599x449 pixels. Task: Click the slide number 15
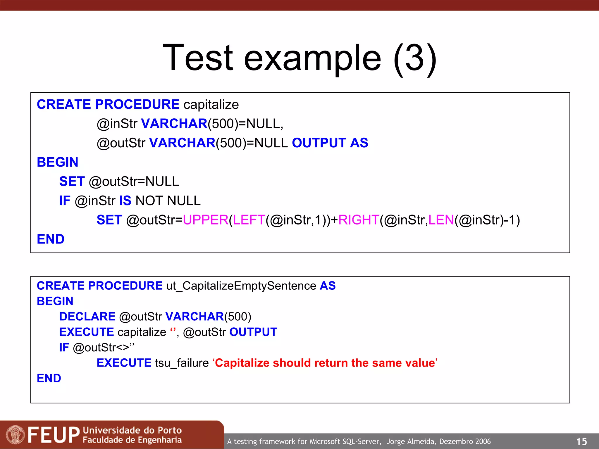click(581, 441)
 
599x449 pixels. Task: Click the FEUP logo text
click(54, 435)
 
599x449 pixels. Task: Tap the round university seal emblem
click(15, 435)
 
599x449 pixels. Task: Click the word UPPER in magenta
click(205, 220)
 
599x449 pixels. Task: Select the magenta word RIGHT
click(359, 220)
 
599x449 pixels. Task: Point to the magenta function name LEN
click(441, 220)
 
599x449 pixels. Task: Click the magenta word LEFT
click(249, 220)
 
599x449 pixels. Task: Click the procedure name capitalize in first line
click(211, 105)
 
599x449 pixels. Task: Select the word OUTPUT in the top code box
click(319, 143)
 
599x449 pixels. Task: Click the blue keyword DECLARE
click(87, 317)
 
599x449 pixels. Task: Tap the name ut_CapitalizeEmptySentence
click(241, 286)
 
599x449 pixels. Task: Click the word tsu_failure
click(182, 363)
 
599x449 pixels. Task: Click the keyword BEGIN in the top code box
click(58, 162)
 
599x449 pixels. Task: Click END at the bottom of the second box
click(49, 378)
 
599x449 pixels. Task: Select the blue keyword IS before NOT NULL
click(125, 201)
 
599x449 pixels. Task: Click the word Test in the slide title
click(198, 58)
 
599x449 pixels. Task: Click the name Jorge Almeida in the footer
click(412, 441)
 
